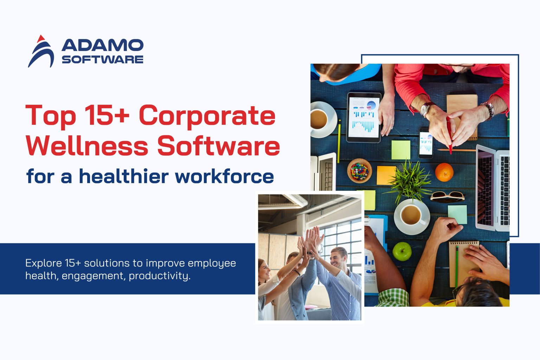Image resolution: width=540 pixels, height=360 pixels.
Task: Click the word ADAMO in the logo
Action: (102, 45)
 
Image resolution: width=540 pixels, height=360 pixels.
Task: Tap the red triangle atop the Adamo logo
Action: (41, 38)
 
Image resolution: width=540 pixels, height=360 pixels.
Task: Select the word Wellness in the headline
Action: (87, 146)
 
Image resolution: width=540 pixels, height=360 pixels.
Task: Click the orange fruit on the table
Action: (444, 172)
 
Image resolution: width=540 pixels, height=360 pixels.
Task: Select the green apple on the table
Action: (402, 251)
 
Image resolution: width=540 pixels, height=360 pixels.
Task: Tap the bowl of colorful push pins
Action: (359, 171)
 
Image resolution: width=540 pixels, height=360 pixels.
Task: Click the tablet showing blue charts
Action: (364, 117)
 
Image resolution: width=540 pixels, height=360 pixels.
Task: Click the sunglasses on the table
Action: (447, 195)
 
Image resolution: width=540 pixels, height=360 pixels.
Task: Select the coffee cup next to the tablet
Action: (320, 119)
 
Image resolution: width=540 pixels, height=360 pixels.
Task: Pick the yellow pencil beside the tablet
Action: (339, 141)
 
